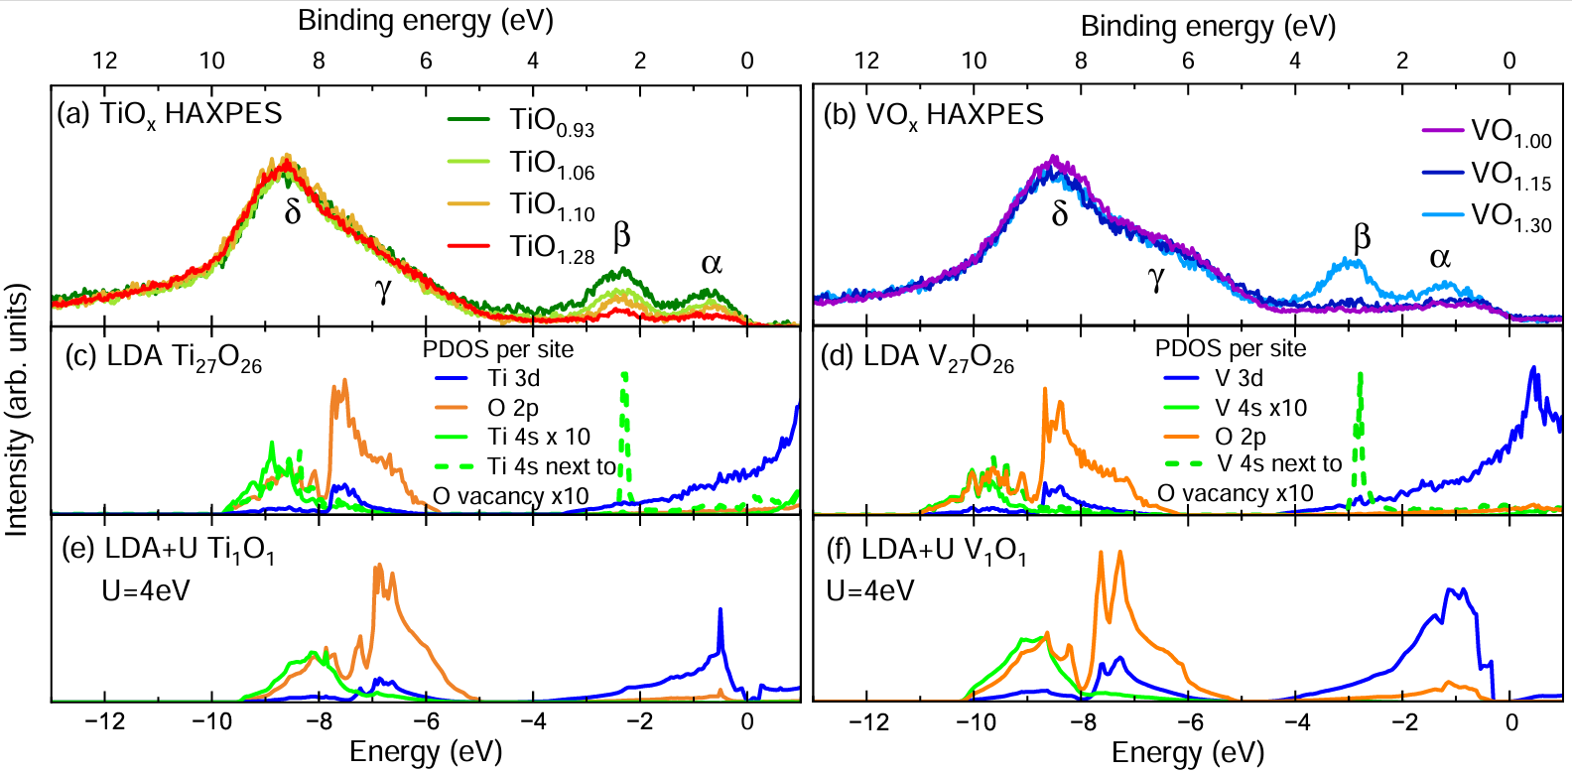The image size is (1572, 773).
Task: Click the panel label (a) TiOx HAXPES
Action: tap(170, 114)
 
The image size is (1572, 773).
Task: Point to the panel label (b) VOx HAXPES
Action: tap(934, 115)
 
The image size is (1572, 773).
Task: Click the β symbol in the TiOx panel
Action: tap(622, 236)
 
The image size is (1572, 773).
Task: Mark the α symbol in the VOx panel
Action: tap(1440, 258)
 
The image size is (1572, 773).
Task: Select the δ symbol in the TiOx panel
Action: tap(293, 211)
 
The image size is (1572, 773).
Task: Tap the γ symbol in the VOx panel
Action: tap(1156, 279)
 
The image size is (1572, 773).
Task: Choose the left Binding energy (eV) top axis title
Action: tap(425, 20)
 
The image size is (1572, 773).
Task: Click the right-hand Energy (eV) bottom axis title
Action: tap(1188, 753)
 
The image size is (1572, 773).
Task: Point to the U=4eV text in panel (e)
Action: tap(146, 591)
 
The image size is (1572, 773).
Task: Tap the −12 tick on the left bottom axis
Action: tap(103, 721)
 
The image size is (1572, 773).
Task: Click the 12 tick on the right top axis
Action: tap(866, 61)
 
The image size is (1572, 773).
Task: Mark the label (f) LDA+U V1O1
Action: tap(927, 551)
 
